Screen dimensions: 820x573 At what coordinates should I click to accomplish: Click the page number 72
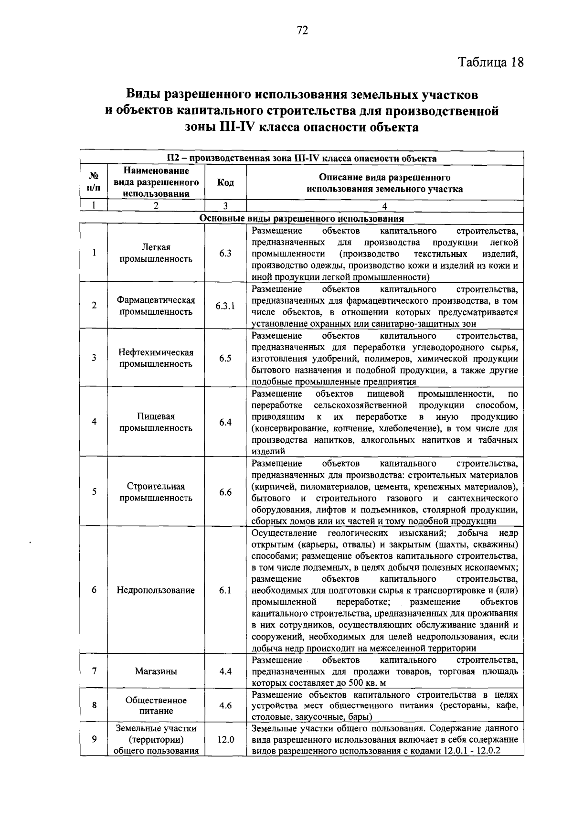coord(302,31)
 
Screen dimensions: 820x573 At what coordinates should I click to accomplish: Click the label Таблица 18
coord(491,63)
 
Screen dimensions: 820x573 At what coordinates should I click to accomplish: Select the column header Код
coord(225,182)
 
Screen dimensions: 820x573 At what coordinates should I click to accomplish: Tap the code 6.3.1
coord(225,306)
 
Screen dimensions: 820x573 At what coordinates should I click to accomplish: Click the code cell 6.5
coord(225,358)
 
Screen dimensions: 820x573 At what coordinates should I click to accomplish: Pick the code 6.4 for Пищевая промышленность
coord(225,422)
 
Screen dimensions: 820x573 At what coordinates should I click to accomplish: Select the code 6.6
coord(225,492)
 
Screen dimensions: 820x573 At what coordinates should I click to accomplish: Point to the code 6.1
coord(225,590)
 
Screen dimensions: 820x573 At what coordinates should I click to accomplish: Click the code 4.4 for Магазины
coord(225,671)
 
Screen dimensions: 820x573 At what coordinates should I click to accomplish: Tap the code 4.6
coord(225,705)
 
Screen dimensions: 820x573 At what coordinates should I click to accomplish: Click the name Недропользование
coord(156,590)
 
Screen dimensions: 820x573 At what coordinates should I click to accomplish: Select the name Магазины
coord(156,671)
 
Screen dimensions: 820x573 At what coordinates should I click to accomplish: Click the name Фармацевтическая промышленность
coord(156,306)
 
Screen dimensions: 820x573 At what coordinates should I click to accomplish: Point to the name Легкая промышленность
coord(156,253)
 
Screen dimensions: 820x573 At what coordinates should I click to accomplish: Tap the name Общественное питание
coord(156,705)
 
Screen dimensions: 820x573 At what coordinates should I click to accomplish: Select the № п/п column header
coord(94,182)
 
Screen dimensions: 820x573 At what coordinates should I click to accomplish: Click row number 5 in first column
coord(94,491)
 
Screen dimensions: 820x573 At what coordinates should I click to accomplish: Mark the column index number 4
coord(384,206)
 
